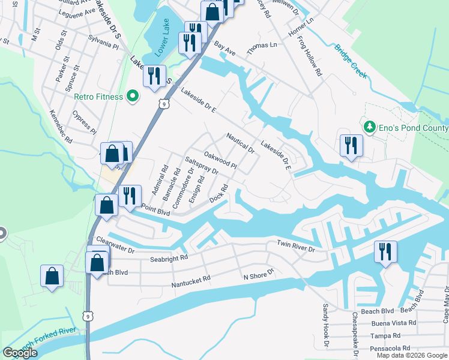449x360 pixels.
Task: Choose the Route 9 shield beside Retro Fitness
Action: click(x=163, y=104)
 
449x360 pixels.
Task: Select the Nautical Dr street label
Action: click(x=241, y=143)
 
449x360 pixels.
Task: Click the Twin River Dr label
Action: click(x=295, y=246)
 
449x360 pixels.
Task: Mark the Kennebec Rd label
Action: click(x=61, y=130)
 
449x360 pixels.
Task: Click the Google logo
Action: click(x=20, y=353)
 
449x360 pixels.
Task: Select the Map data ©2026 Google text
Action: click(x=412, y=355)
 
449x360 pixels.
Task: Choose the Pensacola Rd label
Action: click(x=391, y=347)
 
